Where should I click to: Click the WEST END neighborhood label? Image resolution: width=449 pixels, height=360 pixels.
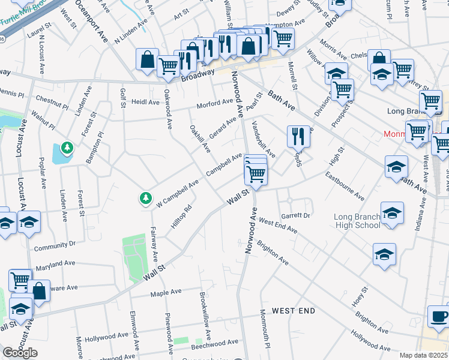tap(293, 311)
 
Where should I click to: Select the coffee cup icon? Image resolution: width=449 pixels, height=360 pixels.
tap(439, 316)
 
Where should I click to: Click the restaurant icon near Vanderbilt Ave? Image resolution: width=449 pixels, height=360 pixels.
tap(298, 137)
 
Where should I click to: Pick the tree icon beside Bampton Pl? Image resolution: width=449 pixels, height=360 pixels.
tap(67, 148)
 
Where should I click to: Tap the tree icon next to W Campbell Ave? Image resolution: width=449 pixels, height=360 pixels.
tap(145, 197)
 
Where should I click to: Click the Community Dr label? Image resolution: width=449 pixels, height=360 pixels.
tap(55, 245)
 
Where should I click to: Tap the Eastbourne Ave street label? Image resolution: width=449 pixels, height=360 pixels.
tap(345, 187)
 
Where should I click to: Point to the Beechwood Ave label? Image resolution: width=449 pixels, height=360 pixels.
tap(214, 344)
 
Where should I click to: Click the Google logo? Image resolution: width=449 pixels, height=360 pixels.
tap(20, 353)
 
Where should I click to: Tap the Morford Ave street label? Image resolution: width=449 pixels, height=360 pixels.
tap(215, 103)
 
